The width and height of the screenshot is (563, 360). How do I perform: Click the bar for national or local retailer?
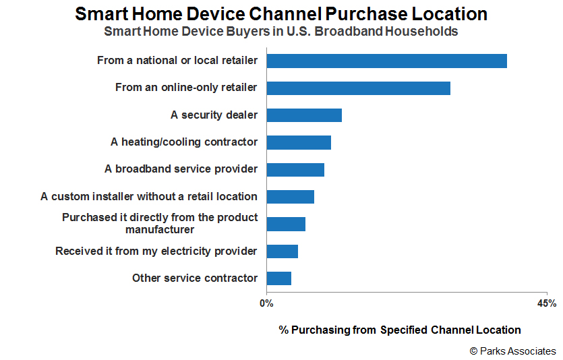387,61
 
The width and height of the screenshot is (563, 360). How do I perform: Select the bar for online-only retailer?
358,88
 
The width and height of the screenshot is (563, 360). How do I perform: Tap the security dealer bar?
304,115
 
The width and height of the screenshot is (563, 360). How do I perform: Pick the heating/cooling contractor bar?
299,142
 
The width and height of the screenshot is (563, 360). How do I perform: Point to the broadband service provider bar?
295,170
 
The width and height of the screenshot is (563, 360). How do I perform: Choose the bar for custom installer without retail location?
291,197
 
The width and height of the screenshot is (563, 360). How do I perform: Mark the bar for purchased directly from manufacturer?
286,224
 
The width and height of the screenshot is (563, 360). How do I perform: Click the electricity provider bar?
283,251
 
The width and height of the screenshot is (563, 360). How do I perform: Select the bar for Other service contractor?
279,278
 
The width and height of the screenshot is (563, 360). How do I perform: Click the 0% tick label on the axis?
266,303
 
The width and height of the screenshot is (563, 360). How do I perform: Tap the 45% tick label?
547,303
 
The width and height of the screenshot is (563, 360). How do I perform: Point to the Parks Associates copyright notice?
512,351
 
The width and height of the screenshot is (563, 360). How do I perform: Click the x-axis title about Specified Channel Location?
400,330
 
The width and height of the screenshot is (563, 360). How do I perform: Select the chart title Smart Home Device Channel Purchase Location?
281,14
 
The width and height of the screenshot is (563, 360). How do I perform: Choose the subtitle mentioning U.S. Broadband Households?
281,32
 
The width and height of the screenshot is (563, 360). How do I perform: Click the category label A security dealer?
214,115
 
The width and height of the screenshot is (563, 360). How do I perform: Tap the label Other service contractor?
195,278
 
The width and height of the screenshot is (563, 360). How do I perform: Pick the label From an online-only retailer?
186,87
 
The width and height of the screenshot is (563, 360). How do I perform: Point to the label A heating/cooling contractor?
184,142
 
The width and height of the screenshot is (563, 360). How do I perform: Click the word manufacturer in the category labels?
160,230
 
